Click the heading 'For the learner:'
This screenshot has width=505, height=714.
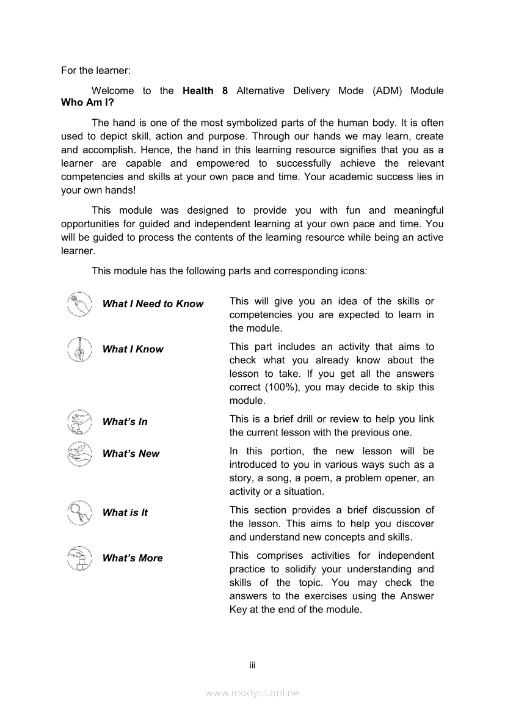pyautogui.click(x=96, y=70)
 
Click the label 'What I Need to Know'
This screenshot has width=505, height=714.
pyautogui.click(x=153, y=304)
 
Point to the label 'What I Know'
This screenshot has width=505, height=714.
pyautogui.click(x=133, y=349)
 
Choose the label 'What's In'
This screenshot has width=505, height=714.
pyautogui.click(x=125, y=421)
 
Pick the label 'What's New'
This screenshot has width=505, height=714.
pyautogui.click(x=131, y=453)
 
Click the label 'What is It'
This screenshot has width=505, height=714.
pyautogui.click(x=125, y=512)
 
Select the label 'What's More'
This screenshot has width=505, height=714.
pyautogui.click(x=133, y=558)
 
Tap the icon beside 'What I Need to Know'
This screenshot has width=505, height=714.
pyautogui.click(x=79, y=304)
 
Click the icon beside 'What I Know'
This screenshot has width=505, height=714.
pyautogui.click(x=79, y=349)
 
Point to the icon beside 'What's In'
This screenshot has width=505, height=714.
pyautogui.click(x=79, y=421)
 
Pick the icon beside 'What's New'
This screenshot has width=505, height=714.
pyautogui.click(x=79, y=453)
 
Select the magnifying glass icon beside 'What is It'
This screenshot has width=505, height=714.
pyautogui.click(x=79, y=512)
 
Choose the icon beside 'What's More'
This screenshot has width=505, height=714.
pyautogui.click(x=79, y=558)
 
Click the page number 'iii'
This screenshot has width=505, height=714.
pyautogui.click(x=252, y=665)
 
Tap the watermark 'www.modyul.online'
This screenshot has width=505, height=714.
pyautogui.click(x=252, y=693)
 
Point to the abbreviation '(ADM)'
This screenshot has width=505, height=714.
pyautogui.click(x=385, y=90)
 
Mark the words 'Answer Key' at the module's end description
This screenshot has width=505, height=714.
pyautogui.click(x=415, y=596)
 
